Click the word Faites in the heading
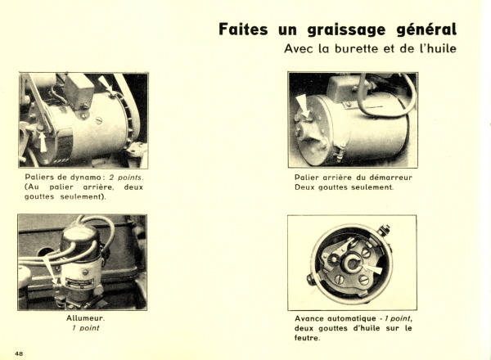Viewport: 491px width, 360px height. [x=243, y=29]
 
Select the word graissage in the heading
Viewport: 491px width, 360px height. [x=346, y=30]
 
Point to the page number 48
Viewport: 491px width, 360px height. [x=19, y=354]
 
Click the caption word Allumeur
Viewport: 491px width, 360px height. [x=85, y=318]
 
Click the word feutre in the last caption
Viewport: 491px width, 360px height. [x=307, y=338]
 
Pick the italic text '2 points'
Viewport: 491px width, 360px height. [x=126, y=178]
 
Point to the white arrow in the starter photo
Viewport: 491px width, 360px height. [x=303, y=106]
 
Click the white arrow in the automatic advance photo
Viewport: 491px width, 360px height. [x=372, y=268]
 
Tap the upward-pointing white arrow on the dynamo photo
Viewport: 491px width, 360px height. [x=43, y=142]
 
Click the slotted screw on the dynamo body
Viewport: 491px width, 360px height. [x=99, y=120]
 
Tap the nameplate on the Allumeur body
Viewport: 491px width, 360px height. [x=80, y=281]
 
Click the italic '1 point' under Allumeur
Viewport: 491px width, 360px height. [x=85, y=328]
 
